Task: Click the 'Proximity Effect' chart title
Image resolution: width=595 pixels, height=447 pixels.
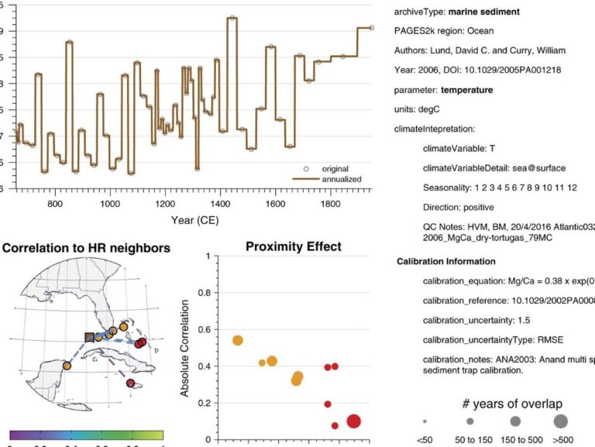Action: click(x=294, y=247)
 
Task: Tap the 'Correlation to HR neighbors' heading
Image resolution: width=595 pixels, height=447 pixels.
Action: click(x=87, y=249)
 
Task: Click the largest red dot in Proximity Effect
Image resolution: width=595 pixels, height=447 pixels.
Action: click(x=353, y=421)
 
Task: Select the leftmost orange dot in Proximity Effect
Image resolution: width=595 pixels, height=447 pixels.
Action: click(x=238, y=340)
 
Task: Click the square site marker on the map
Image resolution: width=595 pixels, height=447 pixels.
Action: click(x=90, y=337)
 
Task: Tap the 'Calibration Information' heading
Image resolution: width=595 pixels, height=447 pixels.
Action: click(x=446, y=261)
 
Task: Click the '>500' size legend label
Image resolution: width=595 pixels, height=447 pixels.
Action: click(x=560, y=440)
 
